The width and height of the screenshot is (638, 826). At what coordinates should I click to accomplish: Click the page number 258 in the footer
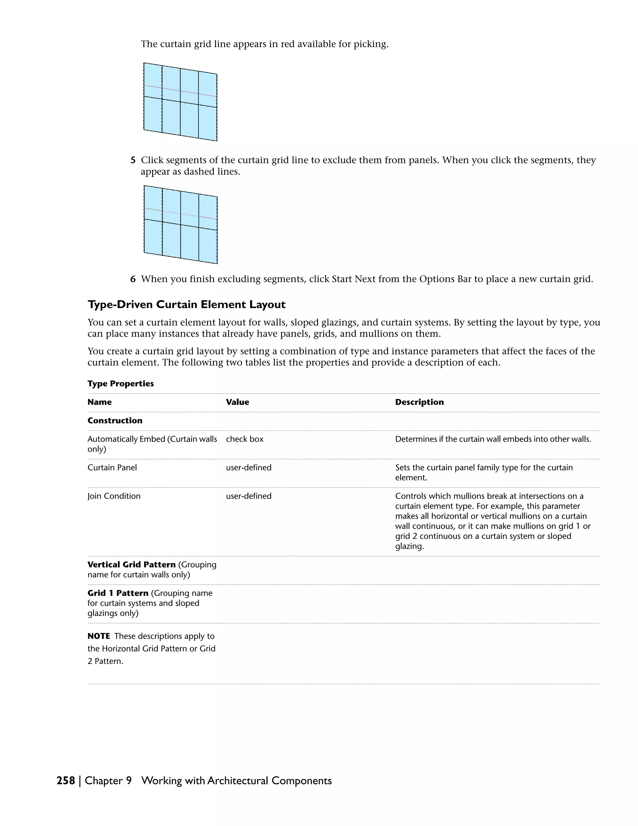[66, 780]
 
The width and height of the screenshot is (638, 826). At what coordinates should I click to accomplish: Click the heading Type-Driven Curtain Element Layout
[186, 305]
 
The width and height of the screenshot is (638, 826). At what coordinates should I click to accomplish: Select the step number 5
[133, 160]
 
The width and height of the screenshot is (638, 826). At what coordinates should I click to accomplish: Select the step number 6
[133, 279]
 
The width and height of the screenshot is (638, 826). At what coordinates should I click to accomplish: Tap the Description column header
[419, 402]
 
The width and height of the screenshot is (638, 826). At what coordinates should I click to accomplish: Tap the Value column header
[237, 402]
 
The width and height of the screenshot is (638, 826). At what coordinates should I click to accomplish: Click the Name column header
[99, 402]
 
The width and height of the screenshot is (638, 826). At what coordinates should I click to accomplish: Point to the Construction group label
[115, 420]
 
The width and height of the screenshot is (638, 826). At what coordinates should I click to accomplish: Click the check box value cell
[245, 439]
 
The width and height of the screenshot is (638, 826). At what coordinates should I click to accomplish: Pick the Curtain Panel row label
[112, 468]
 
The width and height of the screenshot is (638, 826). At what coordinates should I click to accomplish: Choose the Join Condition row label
[114, 496]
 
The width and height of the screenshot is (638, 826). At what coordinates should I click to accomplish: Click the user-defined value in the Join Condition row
[248, 496]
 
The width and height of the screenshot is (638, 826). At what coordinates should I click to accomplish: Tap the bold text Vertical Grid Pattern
[131, 565]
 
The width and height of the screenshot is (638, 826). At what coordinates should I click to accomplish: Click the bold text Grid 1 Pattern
[118, 593]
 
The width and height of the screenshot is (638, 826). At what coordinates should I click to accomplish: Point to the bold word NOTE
[99, 636]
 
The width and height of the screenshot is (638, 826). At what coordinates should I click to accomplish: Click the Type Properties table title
[121, 383]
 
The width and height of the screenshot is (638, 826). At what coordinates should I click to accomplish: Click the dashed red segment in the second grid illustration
[181, 214]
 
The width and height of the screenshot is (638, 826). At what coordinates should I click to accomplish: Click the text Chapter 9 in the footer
[108, 780]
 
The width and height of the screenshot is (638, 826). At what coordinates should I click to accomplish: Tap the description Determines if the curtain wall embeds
[493, 439]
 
